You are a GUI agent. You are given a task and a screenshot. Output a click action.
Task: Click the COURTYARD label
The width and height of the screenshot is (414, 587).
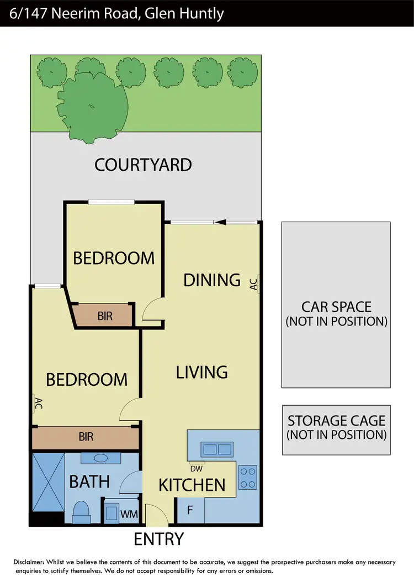[x=143, y=165]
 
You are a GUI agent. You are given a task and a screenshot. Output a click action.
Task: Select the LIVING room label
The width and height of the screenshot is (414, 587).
[x=201, y=372]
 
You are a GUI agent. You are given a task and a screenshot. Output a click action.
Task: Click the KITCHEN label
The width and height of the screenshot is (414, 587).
[x=192, y=485]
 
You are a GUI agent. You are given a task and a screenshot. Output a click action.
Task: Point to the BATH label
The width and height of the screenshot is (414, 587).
[x=89, y=482]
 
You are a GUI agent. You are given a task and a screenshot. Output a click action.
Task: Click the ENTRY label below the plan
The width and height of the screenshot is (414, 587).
[x=159, y=538]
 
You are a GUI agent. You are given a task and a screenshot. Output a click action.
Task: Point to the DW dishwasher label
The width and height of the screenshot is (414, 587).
[x=197, y=467]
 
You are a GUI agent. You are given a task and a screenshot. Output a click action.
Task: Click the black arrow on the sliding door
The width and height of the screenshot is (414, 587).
[x=220, y=222]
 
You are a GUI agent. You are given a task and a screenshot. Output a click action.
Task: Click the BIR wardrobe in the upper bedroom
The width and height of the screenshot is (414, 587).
[x=105, y=316]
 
